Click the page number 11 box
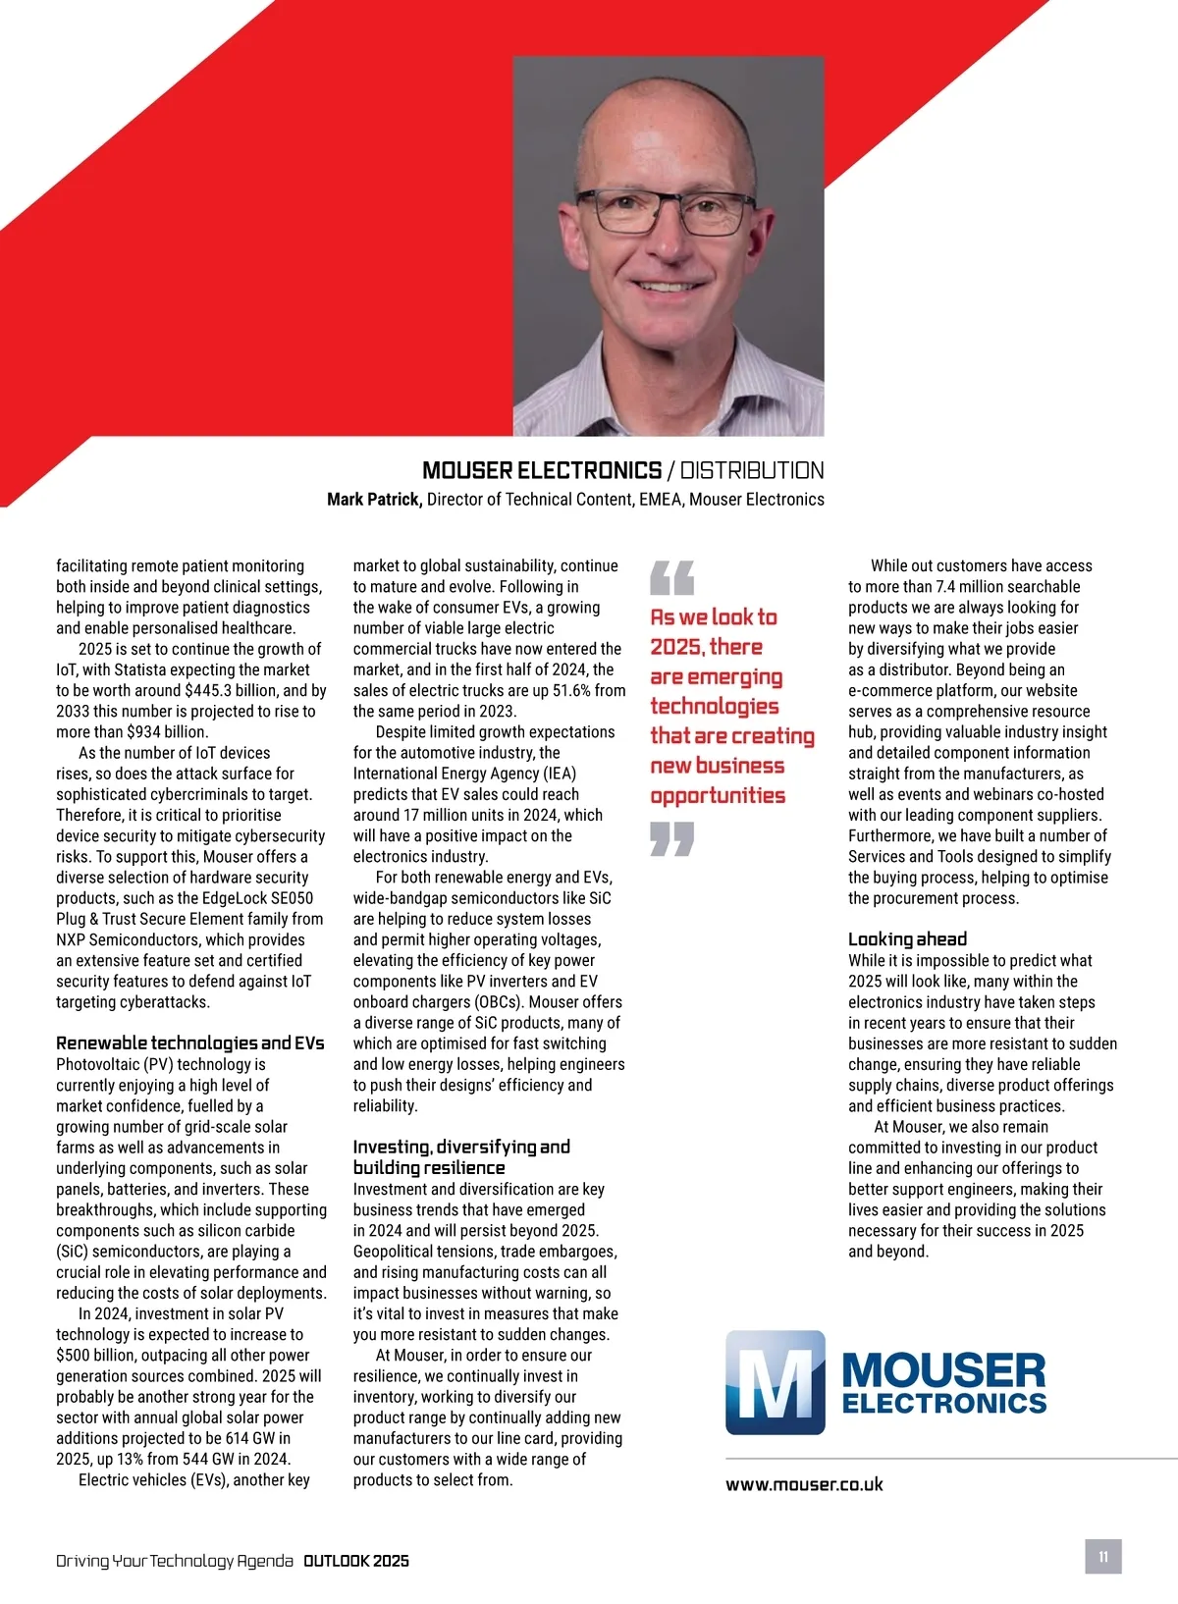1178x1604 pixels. (1102, 1557)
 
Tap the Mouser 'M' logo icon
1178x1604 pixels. (775, 1382)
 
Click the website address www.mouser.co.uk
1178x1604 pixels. (804, 1484)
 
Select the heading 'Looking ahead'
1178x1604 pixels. (907, 938)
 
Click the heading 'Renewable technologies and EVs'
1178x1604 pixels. (189, 1043)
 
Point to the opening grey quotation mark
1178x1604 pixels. (672, 577)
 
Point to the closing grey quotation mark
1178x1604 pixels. (672, 838)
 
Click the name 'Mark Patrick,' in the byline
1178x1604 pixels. (374, 499)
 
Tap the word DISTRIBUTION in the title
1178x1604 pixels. (752, 470)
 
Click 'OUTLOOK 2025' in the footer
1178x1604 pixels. (356, 1561)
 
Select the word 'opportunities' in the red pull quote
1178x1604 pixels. (718, 795)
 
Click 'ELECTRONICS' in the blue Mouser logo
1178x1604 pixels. (943, 1403)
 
